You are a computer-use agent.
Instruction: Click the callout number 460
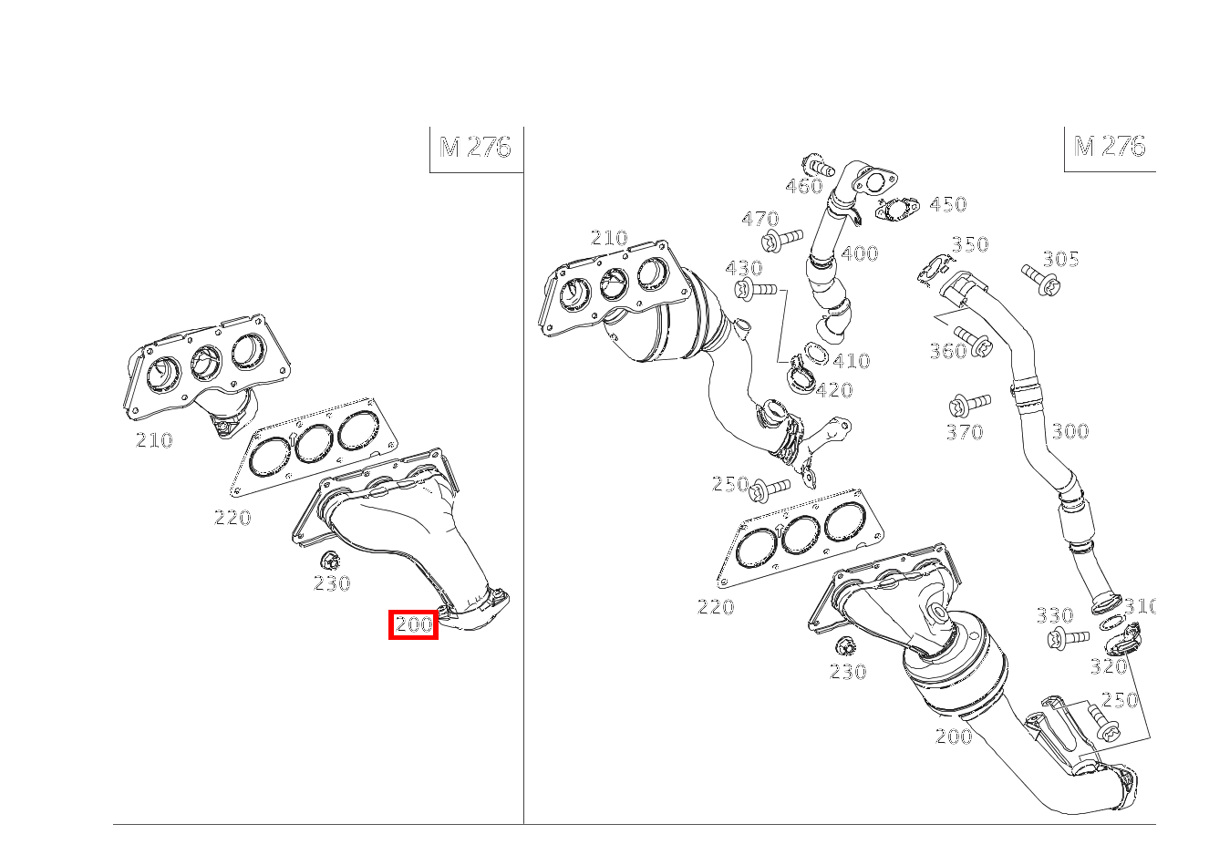point(803,186)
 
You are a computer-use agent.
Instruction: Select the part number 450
point(947,204)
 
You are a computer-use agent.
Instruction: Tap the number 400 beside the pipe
point(859,253)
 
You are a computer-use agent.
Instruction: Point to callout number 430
point(744,268)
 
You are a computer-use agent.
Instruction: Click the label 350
point(969,244)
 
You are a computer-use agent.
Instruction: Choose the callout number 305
point(1060,259)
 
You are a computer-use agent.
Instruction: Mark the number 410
point(852,360)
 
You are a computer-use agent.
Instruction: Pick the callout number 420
point(834,389)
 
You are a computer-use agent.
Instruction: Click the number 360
point(948,351)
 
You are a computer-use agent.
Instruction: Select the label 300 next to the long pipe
point(1070,431)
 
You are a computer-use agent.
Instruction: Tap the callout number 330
point(1055,615)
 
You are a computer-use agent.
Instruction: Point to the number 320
point(1109,666)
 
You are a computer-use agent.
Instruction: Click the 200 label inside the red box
point(414,624)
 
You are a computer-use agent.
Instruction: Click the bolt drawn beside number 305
point(1041,280)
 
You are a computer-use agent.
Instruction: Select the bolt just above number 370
point(970,405)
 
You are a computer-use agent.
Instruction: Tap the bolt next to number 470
point(782,239)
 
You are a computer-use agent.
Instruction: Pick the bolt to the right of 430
point(756,289)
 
